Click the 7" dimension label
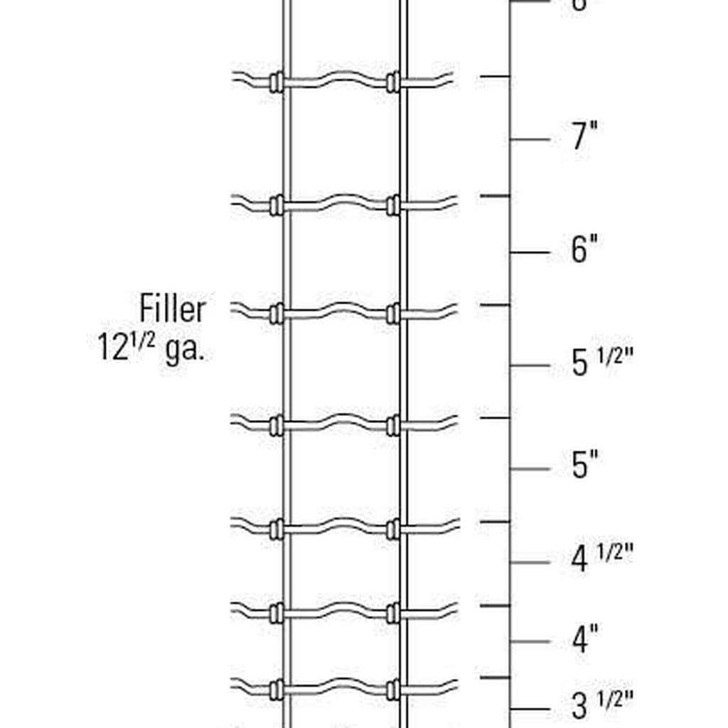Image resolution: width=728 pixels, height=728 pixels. pyautogui.click(x=584, y=136)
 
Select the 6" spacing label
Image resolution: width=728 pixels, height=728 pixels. pyautogui.click(x=584, y=250)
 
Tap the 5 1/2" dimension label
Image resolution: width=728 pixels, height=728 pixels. pyautogui.click(x=601, y=363)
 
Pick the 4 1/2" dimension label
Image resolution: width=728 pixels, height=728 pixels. pyautogui.click(x=601, y=559)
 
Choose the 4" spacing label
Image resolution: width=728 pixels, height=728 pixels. pyautogui.click(x=584, y=640)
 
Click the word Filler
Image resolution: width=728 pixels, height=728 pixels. pyautogui.click(x=173, y=309)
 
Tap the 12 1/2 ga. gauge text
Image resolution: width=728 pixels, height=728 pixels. pyautogui.click(x=151, y=348)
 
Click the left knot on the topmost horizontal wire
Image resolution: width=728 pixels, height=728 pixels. pyautogui.click(x=276, y=82)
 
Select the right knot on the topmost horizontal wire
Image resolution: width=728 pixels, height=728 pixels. pyautogui.click(x=393, y=82)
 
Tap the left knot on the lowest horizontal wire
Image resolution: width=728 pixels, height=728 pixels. pyautogui.click(x=276, y=688)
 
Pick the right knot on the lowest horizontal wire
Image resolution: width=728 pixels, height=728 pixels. pyautogui.click(x=393, y=688)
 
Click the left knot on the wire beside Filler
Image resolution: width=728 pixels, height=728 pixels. pyautogui.click(x=276, y=314)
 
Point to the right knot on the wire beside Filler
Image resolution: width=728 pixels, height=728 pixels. pyautogui.click(x=393, y=314)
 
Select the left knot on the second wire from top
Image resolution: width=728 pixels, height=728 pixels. pyautogui.click(x=276, y=205)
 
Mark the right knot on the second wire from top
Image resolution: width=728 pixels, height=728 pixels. pyautogui.click(x=393, y=205)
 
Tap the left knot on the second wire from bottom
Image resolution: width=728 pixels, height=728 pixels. pyautogui.click(x=276, y=613)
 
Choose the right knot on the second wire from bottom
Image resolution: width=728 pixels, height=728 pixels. pyautogui.click(x=393, y=613)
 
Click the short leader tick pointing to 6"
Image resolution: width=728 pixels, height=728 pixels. pyautogui.click(x=530, y=252)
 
